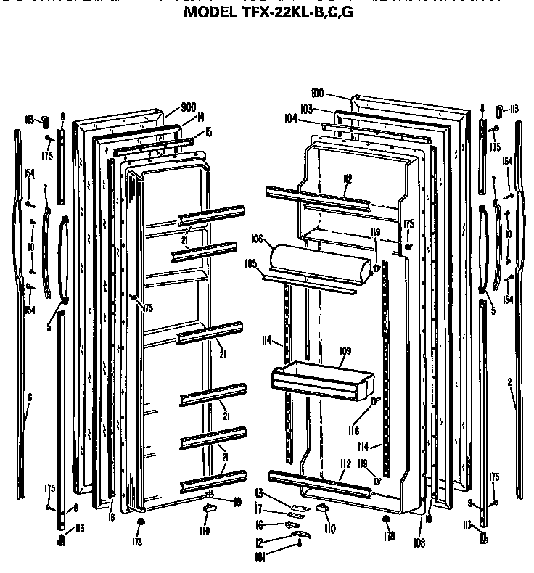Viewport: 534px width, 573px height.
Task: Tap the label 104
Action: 290,117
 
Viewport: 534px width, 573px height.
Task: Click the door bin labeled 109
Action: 319,381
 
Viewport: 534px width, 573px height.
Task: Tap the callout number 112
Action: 345,463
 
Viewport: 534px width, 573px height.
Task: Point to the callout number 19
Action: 237,500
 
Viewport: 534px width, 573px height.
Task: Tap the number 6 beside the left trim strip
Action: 30,397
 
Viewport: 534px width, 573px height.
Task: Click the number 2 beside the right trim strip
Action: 509,381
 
